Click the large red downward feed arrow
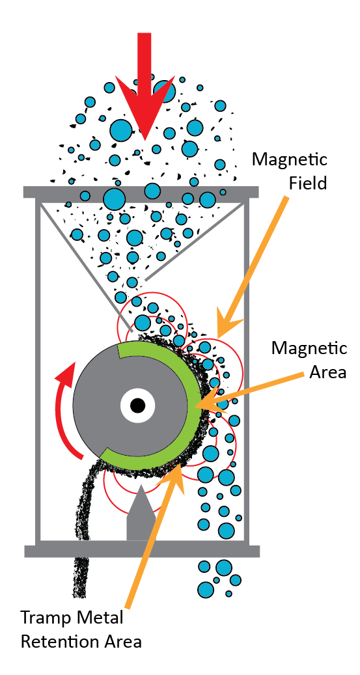tap(145, 86)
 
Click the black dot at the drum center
tap(137, 405)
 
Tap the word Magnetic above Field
tap(290, 159)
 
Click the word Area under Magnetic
tap(328, 372)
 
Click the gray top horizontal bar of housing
tap(141, 192)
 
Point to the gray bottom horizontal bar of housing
tap(142, 551)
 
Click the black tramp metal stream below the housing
tap(81, 577)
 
